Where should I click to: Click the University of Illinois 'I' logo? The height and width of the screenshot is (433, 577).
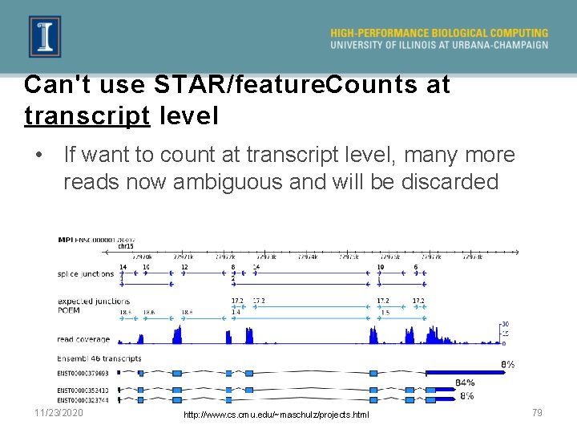tap(45, 37)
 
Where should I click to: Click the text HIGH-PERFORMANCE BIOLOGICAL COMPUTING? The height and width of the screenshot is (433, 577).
tap(439, 33)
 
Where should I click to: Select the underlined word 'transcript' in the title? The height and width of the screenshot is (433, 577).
tap(87, 115)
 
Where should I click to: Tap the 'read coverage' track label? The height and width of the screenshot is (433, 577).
tap(83, 340)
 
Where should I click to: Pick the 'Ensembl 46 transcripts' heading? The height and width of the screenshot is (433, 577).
tap(99, 358)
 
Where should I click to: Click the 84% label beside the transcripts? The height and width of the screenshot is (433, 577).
tap(465, 382)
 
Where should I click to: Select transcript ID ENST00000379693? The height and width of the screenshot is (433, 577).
tap(83, 373)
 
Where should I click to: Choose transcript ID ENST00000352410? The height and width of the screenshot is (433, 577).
tap(83, 391)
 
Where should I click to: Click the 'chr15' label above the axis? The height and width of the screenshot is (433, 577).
tap(125, 246)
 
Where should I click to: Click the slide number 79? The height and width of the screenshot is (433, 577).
tap(537, 412)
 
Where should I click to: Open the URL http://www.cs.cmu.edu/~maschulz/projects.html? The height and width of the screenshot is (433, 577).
tap(276, 415)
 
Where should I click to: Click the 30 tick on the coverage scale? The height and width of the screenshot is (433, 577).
tap(505, 324)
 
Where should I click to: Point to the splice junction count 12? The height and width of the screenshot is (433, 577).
tap(184, 266)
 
